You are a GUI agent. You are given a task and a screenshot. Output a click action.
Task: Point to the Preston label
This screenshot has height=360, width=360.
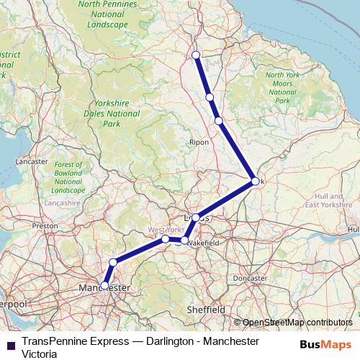tap(45, 225)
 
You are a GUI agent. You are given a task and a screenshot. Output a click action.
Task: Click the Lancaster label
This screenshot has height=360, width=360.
tap(30, 162)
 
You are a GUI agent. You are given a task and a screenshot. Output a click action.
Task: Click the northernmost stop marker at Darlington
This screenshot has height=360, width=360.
tap(196, 55)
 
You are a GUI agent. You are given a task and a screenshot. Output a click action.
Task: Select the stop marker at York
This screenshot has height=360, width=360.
tap(255, 181)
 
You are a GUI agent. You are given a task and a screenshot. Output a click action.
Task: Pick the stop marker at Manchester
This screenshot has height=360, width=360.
tap(104, 285)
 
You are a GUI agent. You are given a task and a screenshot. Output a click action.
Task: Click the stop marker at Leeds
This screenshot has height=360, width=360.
tap(196, 217)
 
